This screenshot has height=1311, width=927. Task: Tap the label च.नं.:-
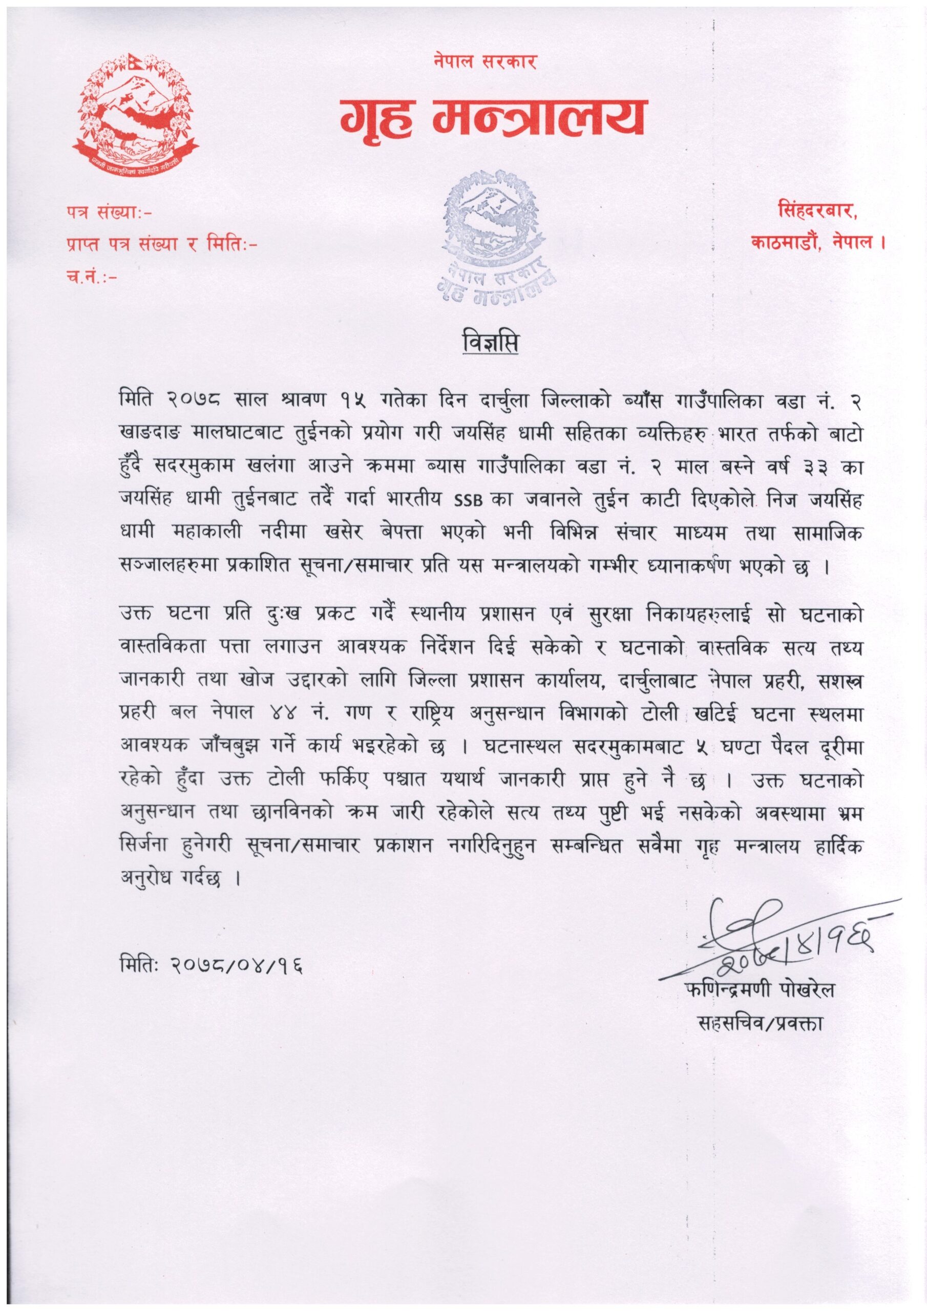point(91,278)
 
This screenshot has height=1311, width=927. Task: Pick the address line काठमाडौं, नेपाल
point(818,242)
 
